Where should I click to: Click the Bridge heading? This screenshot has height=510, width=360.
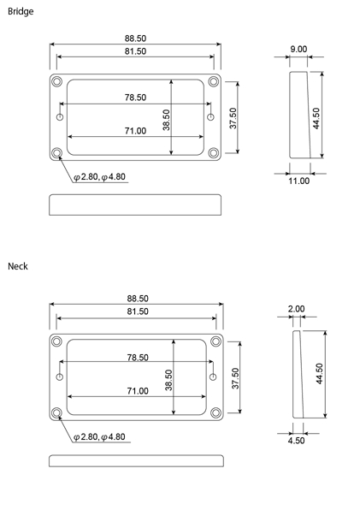[21, 11]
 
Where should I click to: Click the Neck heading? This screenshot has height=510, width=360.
[18, 266]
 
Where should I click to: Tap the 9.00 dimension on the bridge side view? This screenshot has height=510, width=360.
[298, 49]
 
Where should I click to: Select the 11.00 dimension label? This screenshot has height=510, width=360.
[299, 181]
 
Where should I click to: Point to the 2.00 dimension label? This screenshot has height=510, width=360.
[297, 309]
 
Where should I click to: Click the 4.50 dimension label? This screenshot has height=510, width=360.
[297, 441]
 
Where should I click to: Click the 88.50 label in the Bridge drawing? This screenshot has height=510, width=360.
[135, 39]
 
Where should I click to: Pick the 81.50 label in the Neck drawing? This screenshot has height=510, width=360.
[138, 311]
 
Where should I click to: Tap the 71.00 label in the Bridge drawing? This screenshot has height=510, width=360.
[135, 131]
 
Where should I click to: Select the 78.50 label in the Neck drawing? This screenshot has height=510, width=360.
[138, 358]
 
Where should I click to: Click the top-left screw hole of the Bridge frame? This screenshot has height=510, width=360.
[56, 81]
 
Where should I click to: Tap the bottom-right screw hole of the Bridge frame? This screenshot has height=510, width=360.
[214, 152]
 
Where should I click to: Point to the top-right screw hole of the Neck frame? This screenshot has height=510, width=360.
[215, 341]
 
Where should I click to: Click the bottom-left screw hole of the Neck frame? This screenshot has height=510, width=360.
[56, 412]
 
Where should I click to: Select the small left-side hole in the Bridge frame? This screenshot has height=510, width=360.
[60, 117]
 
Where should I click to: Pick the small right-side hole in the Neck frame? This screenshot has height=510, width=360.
[213, 377]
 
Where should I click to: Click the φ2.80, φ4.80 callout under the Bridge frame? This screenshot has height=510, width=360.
[99, 177]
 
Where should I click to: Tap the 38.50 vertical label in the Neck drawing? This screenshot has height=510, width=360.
[168, 380]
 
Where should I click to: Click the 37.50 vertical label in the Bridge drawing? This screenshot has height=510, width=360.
[233, 118]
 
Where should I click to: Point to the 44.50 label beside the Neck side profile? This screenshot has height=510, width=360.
[320, 374]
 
